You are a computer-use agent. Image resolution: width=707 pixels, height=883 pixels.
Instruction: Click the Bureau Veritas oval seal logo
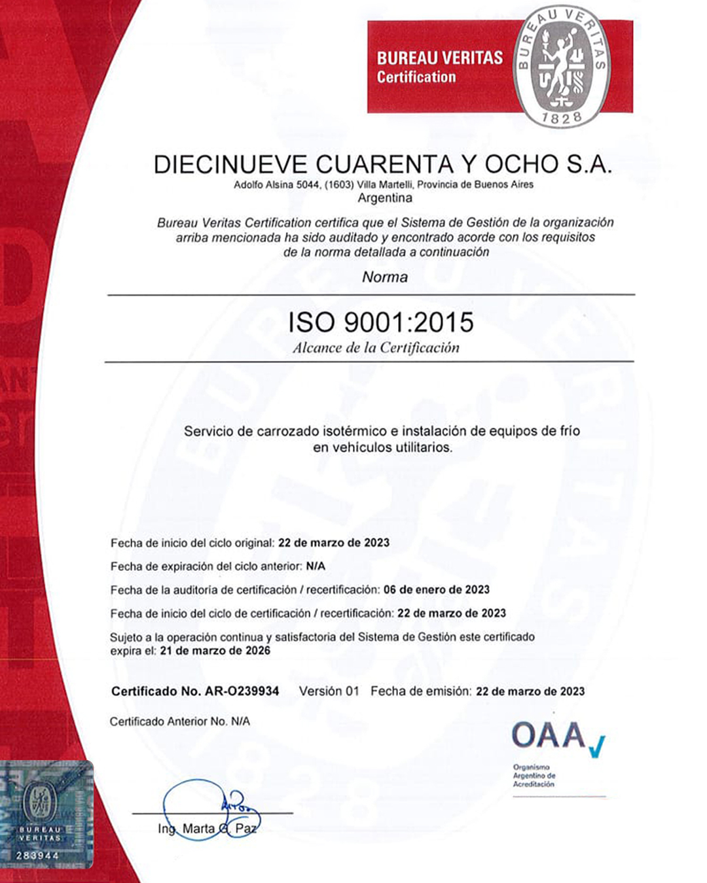click(x=562, y=65)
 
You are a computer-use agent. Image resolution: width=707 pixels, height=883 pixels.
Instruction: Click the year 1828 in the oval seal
click(x=562, y=118)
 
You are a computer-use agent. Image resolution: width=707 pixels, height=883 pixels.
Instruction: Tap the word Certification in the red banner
click(x=416, y=77)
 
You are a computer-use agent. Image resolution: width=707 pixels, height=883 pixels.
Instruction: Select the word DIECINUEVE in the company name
click(x=230, y=164)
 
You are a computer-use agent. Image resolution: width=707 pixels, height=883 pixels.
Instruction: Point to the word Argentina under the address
click(x=385, y=198)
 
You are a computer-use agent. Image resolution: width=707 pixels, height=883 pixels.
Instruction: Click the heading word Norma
click(x=385, y=277)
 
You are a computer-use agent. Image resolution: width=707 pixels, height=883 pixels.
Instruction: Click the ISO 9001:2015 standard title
click(x=381, y=322)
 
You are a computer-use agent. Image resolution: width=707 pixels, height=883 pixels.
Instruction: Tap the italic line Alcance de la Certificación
click(x=376, y=348)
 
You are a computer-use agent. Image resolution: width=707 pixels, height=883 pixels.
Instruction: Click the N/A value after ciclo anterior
click(x=316, y=566)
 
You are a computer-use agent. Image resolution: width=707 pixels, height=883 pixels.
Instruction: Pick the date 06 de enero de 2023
click(x=437, y=590)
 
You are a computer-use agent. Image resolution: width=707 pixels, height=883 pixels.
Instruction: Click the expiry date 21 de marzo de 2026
click(x=215, y=651)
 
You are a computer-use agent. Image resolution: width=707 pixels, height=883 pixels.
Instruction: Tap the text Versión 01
click(x=329, y=691)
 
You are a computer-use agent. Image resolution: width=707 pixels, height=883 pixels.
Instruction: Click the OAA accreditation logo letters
click(x=549, y=736)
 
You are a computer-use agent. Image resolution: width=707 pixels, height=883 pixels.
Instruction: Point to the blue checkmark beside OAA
click(x=597, y=746)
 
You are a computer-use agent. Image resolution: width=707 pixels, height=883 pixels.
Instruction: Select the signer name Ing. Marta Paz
click(x=207, y=829)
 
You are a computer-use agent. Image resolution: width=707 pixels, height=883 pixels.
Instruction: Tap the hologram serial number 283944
click(x=37, y=855)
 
